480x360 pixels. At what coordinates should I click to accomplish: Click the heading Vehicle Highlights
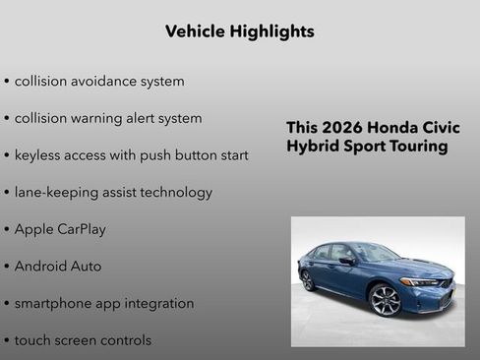(x=240, y=31)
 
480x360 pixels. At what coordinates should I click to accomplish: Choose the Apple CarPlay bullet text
(x=60, y=229)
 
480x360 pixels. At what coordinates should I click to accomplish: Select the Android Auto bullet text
(x=58, y=267)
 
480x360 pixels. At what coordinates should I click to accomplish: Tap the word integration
(x=157, y=304)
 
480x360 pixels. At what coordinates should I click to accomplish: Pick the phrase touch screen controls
(x=83, y=340)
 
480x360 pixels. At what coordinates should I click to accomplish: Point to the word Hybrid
(x=314, y=147)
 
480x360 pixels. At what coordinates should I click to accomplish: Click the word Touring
(x=417, y=147)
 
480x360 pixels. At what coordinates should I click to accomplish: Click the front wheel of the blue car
(x=386, y=299)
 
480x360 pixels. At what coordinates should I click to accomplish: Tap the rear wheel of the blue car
(x=308, y=279)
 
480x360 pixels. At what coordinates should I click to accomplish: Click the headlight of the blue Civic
(x=422, y=282)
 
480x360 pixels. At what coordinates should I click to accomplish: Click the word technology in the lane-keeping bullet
(x=174, y=193)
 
